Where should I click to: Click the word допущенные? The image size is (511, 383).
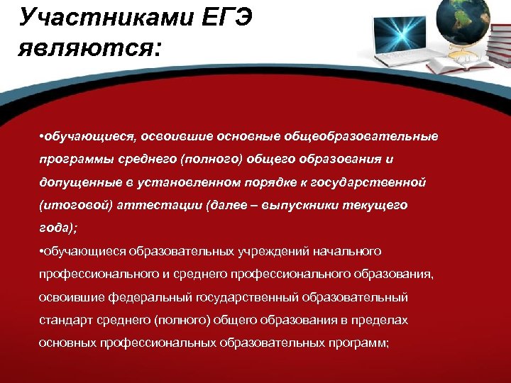click(x=75, y=182)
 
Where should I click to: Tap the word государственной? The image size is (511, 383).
click(x=373, y=182)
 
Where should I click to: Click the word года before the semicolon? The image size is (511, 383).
click(x=55, y=228)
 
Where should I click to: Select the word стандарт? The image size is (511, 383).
click(x=66, y=320)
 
